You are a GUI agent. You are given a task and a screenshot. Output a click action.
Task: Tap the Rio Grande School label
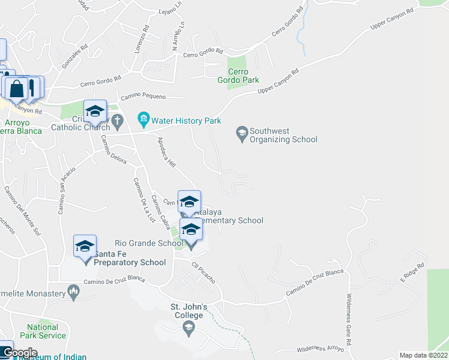(x=154, y=243)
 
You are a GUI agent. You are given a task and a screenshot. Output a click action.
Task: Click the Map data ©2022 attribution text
(x=423, y=355)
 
